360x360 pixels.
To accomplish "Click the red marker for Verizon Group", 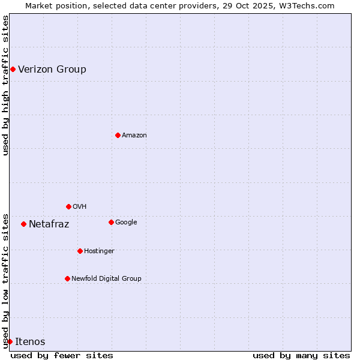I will (13, 69).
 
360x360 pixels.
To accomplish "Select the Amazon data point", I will (118, 135).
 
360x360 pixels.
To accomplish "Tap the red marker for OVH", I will (68, 206).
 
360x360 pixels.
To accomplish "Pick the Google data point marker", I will (111, 222).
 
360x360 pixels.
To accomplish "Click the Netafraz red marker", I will (23, 224).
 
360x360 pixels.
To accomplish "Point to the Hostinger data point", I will (80, 251).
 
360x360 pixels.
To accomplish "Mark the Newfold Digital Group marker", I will (67, 278).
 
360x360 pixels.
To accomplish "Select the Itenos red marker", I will (10, 341).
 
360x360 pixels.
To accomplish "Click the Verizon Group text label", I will (52, 69).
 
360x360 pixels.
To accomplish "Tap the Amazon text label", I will (134, 136).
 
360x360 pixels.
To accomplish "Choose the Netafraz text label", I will (49, 224).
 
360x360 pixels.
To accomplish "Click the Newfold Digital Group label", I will (107, 278).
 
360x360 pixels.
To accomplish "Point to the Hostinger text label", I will (99, 251).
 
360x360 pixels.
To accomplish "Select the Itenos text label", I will (30, 342).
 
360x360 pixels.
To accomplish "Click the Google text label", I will (126, 223).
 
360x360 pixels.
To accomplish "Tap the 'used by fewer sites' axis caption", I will (62, 356).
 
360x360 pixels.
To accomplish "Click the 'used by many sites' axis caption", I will (301, 356).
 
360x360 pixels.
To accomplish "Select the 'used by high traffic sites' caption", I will (6, 85).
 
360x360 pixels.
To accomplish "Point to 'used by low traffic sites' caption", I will (6, 280).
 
